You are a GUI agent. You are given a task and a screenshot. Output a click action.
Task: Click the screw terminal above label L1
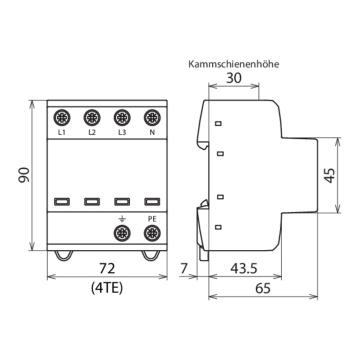pos(62,118)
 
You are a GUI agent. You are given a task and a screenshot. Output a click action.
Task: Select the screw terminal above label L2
pos(92,118)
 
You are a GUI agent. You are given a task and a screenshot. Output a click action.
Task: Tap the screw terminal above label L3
pos(122,118)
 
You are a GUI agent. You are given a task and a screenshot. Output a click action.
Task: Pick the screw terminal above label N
pos(152,118)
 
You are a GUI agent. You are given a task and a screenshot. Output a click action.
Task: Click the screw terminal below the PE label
pos(152,233)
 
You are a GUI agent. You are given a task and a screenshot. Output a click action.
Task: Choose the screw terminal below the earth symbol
pos(122,233)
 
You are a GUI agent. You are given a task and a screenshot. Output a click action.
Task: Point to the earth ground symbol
pos(122,219)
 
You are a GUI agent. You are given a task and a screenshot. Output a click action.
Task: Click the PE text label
pos(152,219)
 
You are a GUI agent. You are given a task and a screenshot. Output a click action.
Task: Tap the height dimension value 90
pos(24,175)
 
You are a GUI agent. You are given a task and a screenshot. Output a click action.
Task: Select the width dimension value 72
pos(107,268)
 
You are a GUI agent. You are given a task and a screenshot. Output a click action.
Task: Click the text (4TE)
pos(107,287)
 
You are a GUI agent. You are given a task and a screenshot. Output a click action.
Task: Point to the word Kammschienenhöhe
pos(233,64)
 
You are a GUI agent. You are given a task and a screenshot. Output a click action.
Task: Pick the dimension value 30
pos(233,78)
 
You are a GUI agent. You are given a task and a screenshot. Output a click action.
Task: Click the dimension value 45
pos(330,175)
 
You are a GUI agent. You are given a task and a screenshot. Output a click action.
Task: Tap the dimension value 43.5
pos(244,268)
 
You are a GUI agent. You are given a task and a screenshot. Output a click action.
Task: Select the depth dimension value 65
pos(263,288)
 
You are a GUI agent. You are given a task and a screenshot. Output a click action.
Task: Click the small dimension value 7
pos(184,268)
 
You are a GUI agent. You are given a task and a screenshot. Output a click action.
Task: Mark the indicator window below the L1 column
pos(62,201)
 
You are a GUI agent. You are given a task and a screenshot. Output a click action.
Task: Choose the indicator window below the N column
pos(152,201)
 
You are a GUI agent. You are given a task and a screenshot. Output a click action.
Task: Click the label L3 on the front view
pos(122,132)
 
